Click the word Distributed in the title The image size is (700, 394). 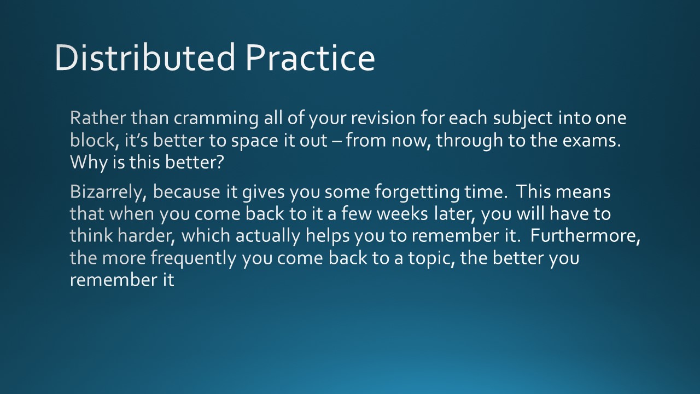click(x=145, y=58)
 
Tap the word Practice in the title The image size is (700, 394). click(x=310, y=58)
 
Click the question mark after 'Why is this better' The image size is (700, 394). click(x=220, y=163)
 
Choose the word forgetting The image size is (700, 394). click(x=417, y=193)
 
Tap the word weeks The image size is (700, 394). click(x=402, y=214)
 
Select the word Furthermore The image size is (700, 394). click(x=585, y=236)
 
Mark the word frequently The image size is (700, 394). click(x=194, y=259)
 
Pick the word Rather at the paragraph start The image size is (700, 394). click(x=98, y=118)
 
